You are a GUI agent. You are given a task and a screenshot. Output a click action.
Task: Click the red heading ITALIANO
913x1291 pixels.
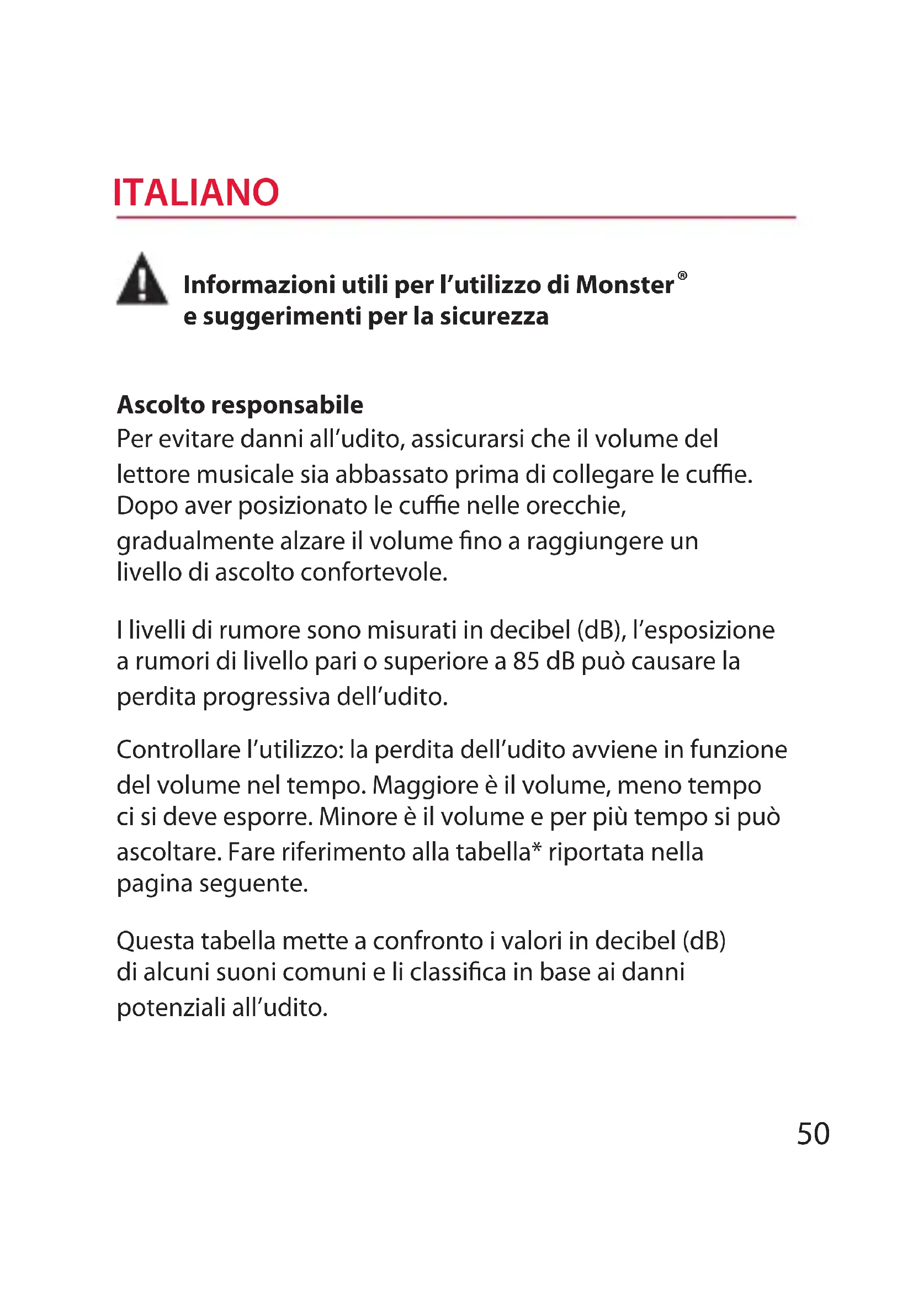[x=195, y=193]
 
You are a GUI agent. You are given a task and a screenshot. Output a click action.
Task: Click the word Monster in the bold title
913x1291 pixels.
[x=625, y=284]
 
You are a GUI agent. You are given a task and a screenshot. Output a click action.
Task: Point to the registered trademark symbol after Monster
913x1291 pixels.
[x=682, y=275]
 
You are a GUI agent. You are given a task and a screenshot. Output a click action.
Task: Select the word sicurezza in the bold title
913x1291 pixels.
[x=493, y=317]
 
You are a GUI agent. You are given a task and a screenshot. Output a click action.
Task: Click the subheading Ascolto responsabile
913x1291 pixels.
[x=240, y=405]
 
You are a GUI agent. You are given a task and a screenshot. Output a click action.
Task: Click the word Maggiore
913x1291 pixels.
[x=425, y=785]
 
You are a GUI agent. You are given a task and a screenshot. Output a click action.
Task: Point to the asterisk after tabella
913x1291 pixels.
[x=537, y=847]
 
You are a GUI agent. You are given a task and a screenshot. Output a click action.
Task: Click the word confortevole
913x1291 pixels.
[x=374, y=572]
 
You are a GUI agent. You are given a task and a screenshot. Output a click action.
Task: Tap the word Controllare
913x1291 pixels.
[x=178, y=750]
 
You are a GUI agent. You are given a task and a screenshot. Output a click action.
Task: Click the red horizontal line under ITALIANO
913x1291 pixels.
[x=456, y=217]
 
